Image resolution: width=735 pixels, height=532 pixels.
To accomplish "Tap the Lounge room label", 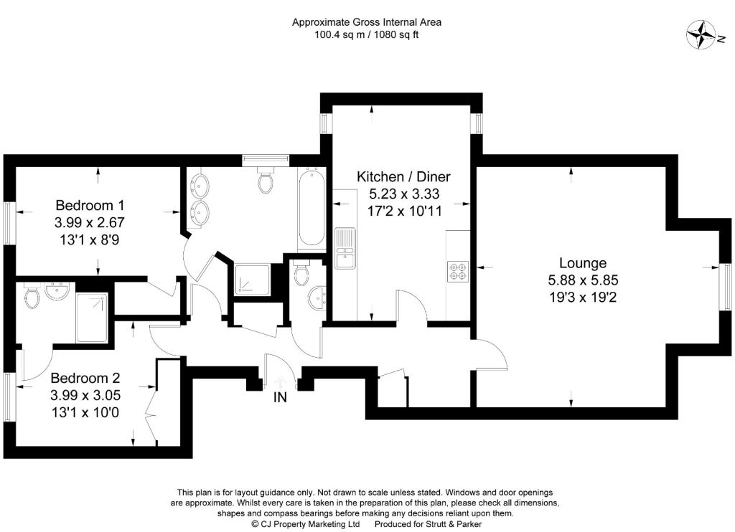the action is tap(583, 262).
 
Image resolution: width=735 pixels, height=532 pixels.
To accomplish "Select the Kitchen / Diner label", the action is tap(403, 176).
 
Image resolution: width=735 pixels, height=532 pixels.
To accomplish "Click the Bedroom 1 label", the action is tap(90, 205).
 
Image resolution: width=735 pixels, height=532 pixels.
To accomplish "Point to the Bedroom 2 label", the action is tap(85, 378).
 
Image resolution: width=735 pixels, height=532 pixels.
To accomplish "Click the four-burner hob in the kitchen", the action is tap(457, 271).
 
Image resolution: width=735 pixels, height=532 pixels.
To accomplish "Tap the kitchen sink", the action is tap(345, 248).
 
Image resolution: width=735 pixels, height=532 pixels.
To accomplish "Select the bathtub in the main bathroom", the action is tap(310, 206).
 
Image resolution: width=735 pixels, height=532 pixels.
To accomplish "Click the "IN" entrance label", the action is tap(280, 398).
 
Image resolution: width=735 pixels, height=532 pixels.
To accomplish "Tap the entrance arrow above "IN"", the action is tap(280, 381).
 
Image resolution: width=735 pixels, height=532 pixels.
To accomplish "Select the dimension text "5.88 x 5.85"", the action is tap(583, 280).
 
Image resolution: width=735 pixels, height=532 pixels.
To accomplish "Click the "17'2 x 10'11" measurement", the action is tap(405, 212).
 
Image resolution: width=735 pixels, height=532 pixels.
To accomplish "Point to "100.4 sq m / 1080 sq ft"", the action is tap(367, 34).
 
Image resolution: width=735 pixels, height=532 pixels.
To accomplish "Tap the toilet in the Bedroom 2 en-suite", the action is tap(32, 296).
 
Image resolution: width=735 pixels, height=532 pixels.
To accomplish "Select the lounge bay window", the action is tap(726, 287).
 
